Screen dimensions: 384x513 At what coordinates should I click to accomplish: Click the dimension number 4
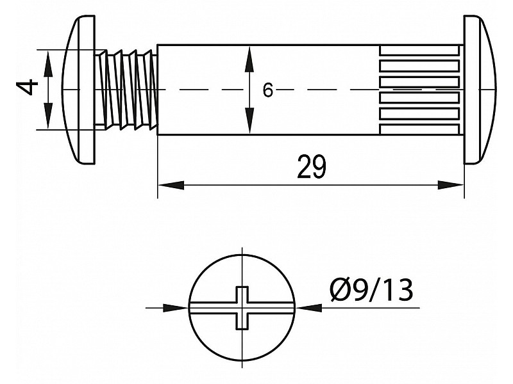coord(26,87)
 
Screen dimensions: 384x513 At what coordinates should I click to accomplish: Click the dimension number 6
coord(267,91)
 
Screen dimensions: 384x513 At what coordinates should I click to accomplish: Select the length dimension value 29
coord(312,168)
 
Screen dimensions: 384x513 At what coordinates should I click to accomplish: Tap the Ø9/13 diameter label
coord(371,291)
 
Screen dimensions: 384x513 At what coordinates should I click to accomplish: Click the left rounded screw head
coord(79,90)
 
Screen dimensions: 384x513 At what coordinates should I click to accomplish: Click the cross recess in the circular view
coord(240,307)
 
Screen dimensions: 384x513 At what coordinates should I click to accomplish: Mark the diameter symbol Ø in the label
coord(341,291)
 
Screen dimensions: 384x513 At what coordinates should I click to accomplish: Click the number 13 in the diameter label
coord(396,291)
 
